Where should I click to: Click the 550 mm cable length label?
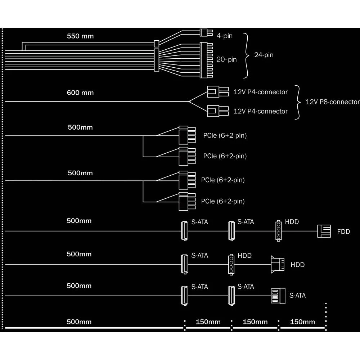point(80,36)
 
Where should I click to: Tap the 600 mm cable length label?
point(80,93)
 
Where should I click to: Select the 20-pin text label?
point(226,59)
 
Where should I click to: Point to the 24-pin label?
point(264,55)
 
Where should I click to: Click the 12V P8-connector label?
point(332,102)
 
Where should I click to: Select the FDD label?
point(343,231)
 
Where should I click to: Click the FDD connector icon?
point(324,231)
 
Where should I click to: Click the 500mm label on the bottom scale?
point(79,322)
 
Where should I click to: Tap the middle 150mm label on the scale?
point(255,322)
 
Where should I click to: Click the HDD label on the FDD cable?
point(292,222)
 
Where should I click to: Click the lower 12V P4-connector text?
point(261,111)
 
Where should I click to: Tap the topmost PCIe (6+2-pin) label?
point(225,136)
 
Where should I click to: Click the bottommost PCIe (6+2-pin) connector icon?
point(187,201)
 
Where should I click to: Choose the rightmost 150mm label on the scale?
point(302,322)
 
